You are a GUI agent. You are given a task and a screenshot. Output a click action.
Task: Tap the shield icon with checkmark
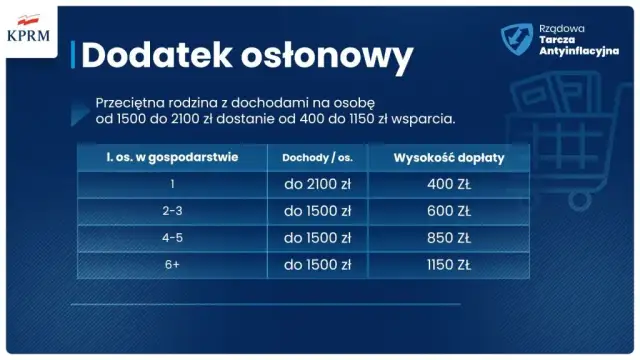click(x=517, y=38)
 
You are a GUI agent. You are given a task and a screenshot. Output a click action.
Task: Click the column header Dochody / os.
click(x=317, y=158)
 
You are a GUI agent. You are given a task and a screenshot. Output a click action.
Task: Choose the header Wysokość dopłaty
click(x=448, y=158)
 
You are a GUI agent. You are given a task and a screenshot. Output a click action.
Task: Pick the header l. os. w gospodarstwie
click(x=172, y=158)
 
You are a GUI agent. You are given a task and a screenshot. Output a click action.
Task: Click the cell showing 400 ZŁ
click(x=448, y=185)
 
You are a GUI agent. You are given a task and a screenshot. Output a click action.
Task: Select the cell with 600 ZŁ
click(x=448, y=212)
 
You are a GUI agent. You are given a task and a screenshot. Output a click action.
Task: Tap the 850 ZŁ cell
click(x=448, y=239)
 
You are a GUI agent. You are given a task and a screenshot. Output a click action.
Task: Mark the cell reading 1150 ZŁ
click(x=448, y=266)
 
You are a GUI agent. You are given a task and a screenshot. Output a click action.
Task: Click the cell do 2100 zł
click(x=317, y=185)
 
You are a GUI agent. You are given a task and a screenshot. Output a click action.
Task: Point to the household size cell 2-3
click(x=172, y=212)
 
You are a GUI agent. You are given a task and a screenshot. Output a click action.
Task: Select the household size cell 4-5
click(x=172, y=239)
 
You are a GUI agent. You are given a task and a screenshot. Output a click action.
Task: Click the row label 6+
click(x=172, y=266)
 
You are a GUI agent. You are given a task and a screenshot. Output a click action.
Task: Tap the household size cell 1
click(x=172, y=185)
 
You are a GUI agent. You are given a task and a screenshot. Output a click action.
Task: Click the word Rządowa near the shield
click(x=561, y=29)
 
